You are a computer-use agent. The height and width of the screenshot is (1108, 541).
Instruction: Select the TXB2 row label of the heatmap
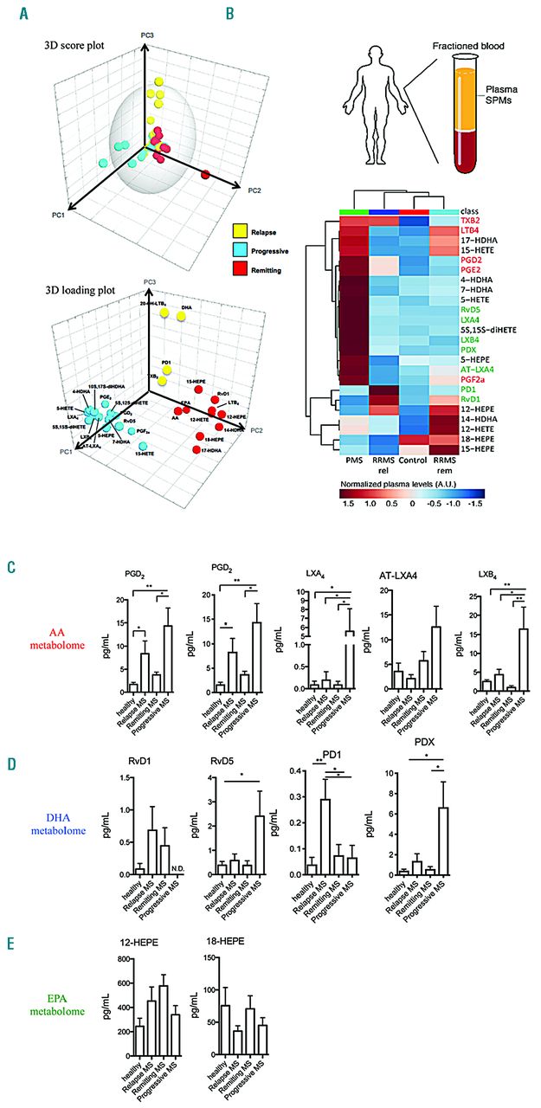[463, 221]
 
